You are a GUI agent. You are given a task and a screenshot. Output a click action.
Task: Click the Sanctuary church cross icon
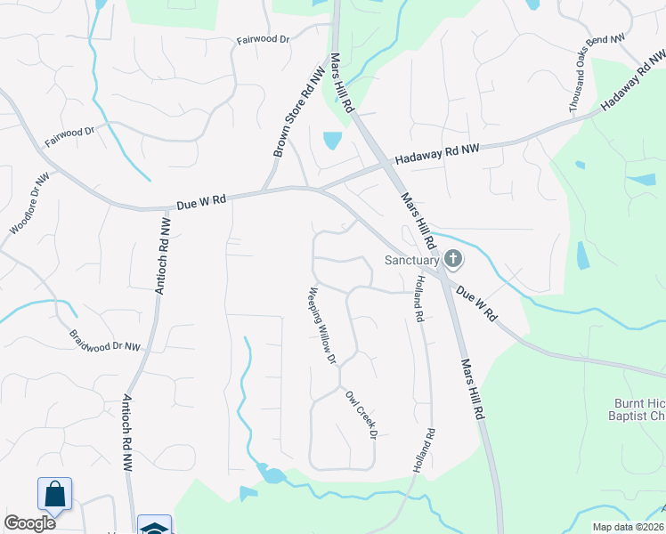tap(452, 260)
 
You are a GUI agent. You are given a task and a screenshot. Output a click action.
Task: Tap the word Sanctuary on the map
tap(412, 261)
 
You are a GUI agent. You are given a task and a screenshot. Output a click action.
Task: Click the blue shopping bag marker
tap(54, 496)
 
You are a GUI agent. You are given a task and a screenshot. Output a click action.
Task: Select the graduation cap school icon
tap(154, 527)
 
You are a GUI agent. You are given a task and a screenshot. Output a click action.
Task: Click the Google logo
tap(29, 523)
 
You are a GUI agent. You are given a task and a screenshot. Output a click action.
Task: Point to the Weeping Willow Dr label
tap(321, 326)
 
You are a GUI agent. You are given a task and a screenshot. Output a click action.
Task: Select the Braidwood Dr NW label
tap(105, 340)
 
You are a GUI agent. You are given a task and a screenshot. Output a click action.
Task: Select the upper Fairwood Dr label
tap(264, 40)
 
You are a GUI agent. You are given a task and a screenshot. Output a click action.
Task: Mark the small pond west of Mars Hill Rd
tap(331, 140)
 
